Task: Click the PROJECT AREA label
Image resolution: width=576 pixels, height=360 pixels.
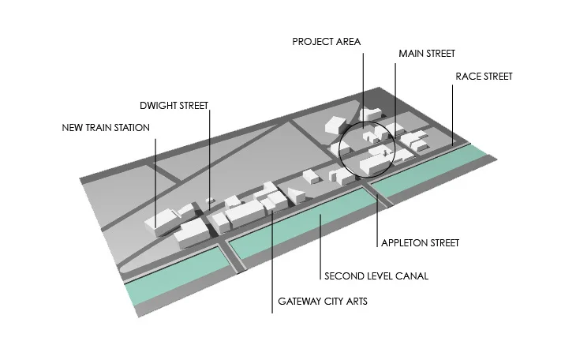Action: pyautogui.click(x=325, y=41)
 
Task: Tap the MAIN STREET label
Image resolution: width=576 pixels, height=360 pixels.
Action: pyautogui.click(x=427, y=54)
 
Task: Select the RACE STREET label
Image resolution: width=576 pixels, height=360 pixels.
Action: pyautogui.click(x=484, y=77)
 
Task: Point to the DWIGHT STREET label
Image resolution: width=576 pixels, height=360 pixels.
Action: pyautogui.click(x=173, y=104)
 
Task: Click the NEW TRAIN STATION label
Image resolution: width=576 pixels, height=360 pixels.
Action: pyautogui.click(x=106, y=127)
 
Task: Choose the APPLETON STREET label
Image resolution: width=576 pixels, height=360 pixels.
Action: pyautogui.click(x=420, y=242)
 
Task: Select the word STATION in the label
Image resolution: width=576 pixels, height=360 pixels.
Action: pyautogui.click(x=131, y=127)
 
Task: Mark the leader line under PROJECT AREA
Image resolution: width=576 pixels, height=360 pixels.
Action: pyautogui.click(x=362, y=87)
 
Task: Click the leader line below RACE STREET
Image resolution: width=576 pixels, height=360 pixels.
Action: pyautogui.click(x=452, y=114)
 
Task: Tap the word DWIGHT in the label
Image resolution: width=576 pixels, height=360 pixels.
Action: pyautogui.click(x=155, y=104)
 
